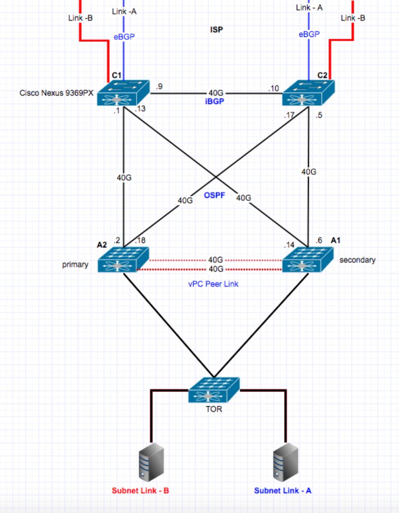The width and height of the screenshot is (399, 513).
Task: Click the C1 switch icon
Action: [123, 93]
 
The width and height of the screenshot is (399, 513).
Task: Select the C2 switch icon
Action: [309, 93]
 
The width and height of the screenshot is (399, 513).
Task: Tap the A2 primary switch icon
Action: [123, 260]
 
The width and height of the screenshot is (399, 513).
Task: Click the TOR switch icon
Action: [214, 390]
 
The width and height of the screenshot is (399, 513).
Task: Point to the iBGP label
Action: [215, 101]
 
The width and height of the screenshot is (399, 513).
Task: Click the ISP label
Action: [216, 30]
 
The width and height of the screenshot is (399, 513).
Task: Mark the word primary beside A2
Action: [75, 265]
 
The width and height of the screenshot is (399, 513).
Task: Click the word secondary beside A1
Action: [357, 260]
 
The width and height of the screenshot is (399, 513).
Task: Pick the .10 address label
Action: [273, 89]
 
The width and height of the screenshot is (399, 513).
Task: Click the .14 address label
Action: [289, 245]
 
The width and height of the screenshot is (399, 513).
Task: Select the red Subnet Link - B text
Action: [140, 491]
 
